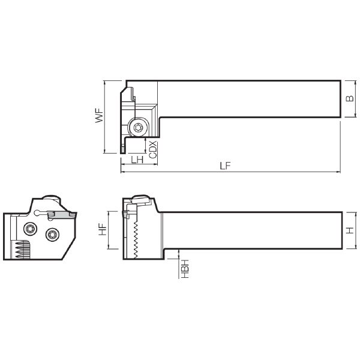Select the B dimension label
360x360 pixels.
tap(350, 98)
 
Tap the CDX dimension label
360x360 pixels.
tap(152, 149)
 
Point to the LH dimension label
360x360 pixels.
tap(137, 160)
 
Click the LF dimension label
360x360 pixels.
tap(225, 166)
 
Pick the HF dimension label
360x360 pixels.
tap(103, 230)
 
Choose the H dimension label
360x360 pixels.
tap(350, 230)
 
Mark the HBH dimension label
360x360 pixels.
tap(185, 269)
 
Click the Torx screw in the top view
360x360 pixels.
tap(138, 127)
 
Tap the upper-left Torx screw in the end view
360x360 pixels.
tap(31, 229)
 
